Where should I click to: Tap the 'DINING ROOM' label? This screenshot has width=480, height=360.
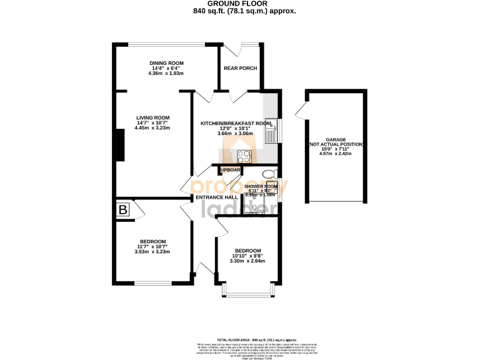pos(166,63)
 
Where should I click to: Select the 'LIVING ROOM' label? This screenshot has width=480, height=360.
pos(153,117)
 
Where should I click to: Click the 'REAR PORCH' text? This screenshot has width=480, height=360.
pos(240,68)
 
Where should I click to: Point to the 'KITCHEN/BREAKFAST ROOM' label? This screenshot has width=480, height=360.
pos(236,124)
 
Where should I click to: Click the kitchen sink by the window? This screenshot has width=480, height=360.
pos(271,130)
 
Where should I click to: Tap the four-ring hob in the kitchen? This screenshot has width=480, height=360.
pos(242,157)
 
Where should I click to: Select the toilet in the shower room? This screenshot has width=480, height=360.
pos(268,174)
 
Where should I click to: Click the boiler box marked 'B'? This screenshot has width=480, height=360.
pos(122,210)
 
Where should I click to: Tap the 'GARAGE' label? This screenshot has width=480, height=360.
pos(336,140)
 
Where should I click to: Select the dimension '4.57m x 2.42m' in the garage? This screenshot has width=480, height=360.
pos(336,153)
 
